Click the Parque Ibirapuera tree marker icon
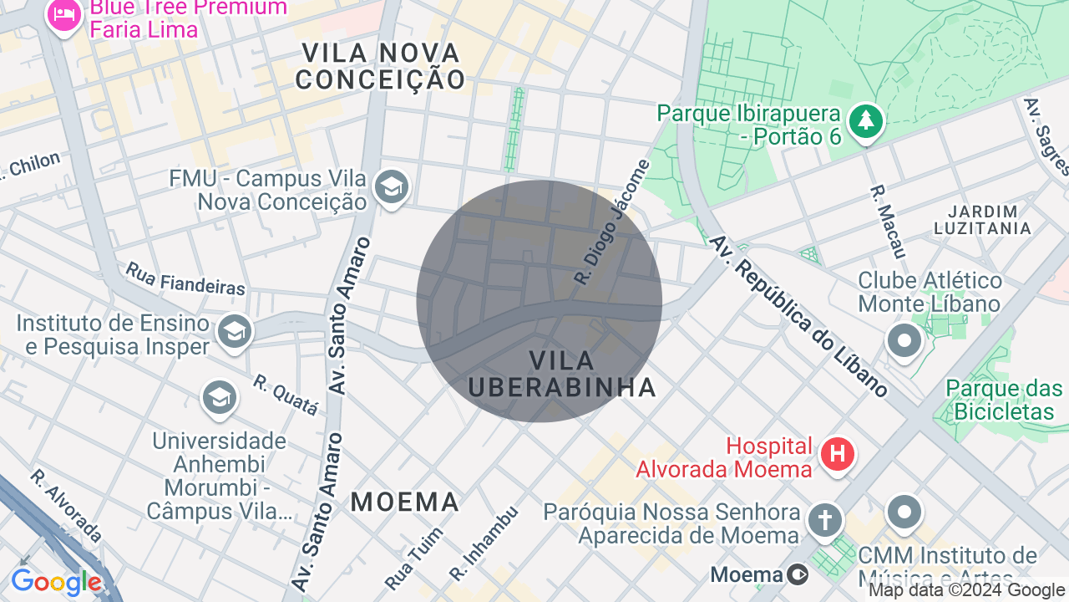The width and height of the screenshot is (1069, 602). (866, 122)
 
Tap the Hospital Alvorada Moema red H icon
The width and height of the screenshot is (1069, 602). (838, 455)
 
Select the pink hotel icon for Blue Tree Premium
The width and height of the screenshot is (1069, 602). (63, 14)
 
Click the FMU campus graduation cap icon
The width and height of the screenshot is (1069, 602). (390, 187)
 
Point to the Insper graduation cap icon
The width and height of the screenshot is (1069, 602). (234, 333)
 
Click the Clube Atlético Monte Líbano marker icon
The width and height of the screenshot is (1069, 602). (904, 341)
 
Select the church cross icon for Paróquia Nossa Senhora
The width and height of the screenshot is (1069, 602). (824, 521)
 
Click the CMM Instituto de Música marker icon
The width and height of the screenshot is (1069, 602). (904, 511)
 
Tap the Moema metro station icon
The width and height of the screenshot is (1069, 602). (798, 574)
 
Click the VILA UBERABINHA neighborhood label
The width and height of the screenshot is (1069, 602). (562, 374)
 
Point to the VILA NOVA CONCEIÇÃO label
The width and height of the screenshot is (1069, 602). (380, 66)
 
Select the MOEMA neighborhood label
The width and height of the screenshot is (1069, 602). (405, 502)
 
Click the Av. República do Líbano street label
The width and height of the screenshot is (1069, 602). (798, 315)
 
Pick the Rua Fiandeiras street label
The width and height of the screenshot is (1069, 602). (185, 279)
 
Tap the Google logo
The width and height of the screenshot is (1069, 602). (57, 583)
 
